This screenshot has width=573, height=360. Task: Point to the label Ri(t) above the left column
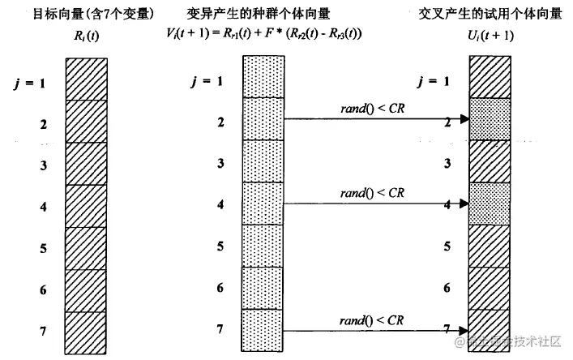pos(84,35)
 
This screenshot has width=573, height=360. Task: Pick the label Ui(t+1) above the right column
pos(490,35)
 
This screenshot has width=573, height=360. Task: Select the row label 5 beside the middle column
pos(219,246)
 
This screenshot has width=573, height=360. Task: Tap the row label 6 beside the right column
pos(447,288)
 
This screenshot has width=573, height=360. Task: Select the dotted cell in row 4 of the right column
pos(490,203)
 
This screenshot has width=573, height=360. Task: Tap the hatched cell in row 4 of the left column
pos(85,205)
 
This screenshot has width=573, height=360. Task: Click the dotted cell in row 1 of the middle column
pos(263,77)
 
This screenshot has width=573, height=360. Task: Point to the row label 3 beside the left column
pos(42,164)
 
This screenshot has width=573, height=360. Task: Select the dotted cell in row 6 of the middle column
pos(263,288)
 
